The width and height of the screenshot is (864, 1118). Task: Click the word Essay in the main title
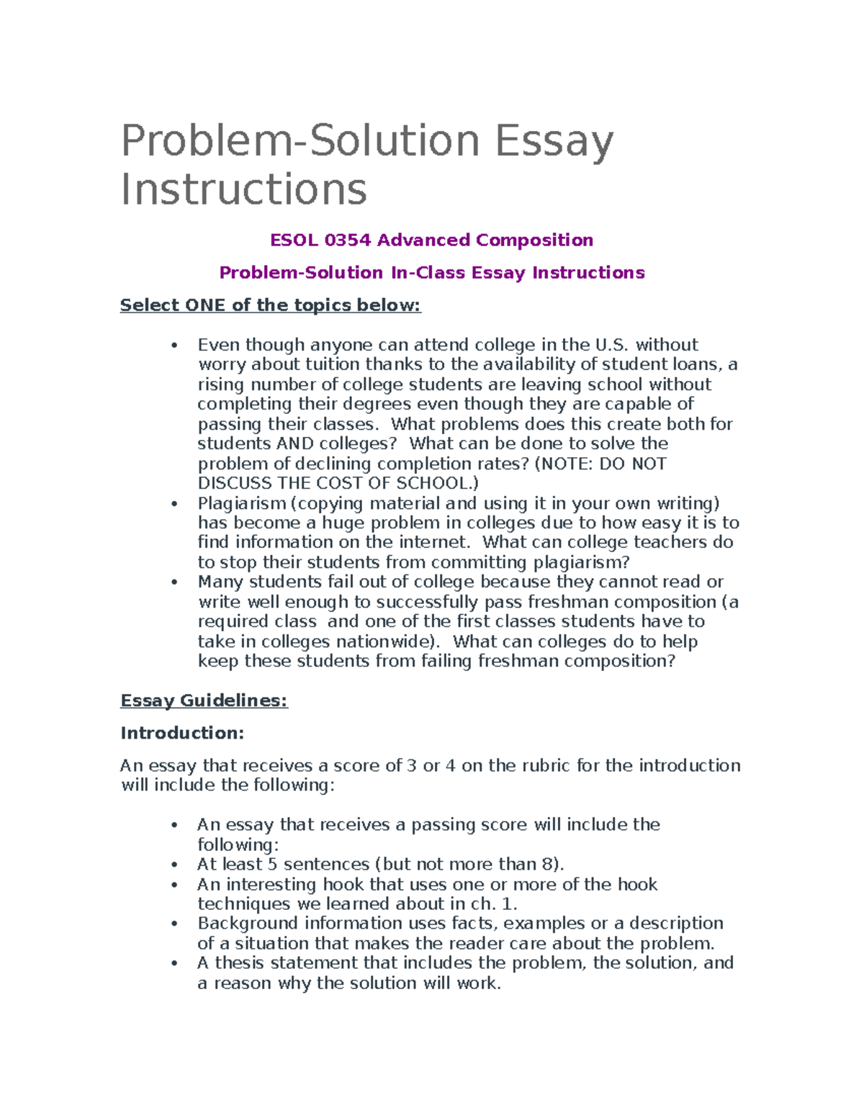[554, 142]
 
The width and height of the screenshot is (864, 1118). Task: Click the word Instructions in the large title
[244, 189]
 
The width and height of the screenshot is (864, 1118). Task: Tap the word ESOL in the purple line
[294, 240]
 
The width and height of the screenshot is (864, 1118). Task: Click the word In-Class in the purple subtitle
[428, 273]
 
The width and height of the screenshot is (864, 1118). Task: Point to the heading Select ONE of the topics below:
[270, 305]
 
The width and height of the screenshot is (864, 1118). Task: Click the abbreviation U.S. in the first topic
[611, 345]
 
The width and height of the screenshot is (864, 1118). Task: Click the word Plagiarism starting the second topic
[242, 503]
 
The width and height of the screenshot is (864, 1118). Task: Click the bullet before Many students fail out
[174, 582]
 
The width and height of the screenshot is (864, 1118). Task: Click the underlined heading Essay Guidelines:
[204, 700]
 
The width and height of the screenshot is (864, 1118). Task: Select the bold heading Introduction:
[182, 733]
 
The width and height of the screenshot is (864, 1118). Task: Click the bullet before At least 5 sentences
[174, 865]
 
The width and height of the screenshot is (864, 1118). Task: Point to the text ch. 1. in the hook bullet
[494, 904]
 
